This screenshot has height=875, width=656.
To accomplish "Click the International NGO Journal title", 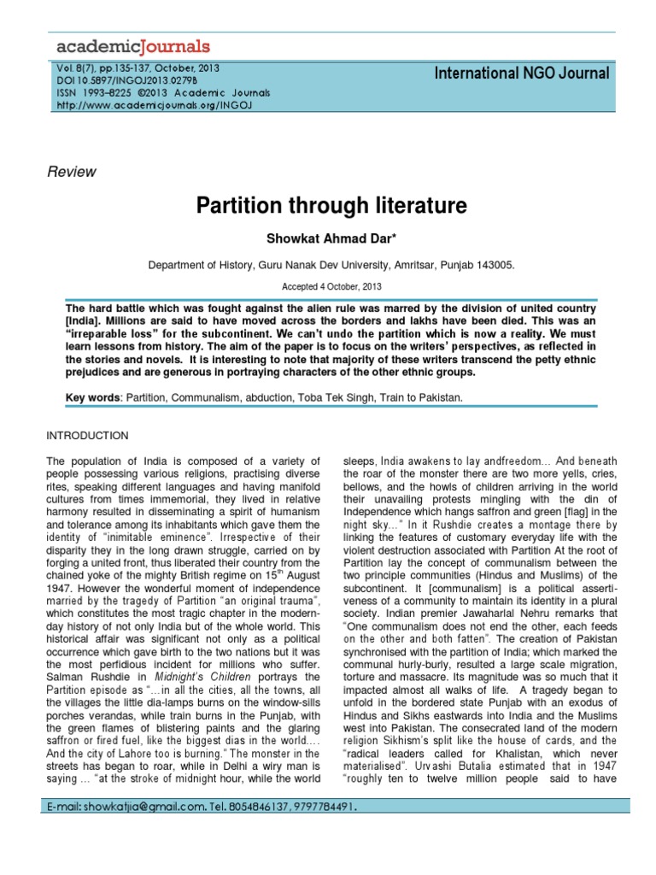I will pos(523,73).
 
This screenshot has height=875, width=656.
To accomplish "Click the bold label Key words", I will pos(93,398).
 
